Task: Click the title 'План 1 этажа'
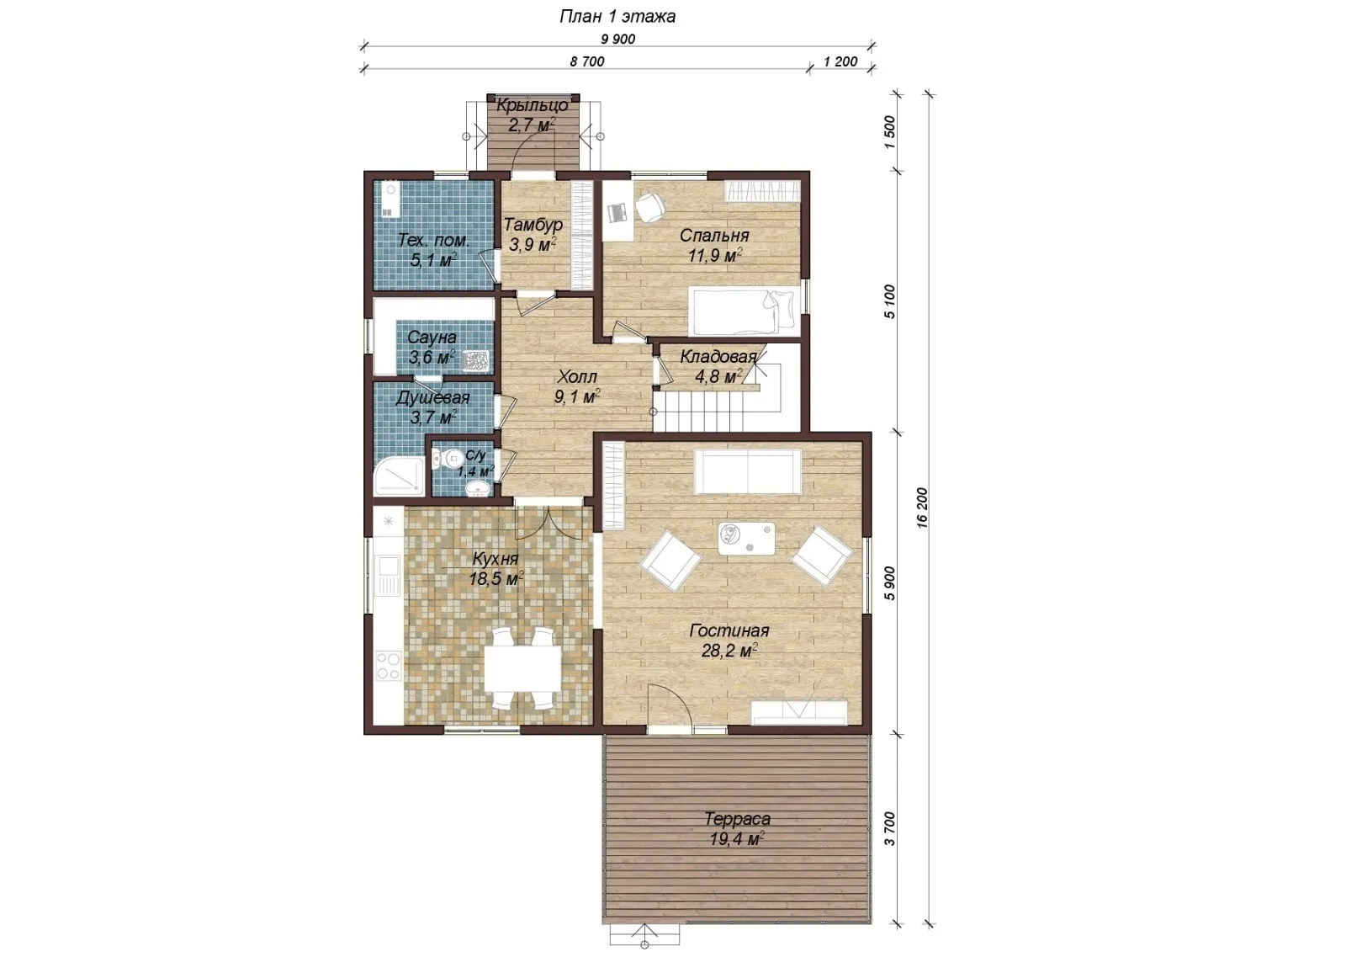(x=617, y=16)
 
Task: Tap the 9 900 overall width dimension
(x=617, y=39)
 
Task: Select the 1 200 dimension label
(x=840, y=61)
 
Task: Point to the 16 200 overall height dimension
(x=922, y=508)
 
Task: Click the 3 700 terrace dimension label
(x=889, y=828)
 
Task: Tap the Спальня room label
(x=714, y=235)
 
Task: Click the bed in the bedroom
(x=745, y=311)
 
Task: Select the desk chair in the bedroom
(x=649, y=206)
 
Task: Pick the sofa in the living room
(x=748, y=472)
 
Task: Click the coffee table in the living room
(x=746, y=538)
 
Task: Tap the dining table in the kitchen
(x=522, y=668)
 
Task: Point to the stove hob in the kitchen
(x=388, y=666)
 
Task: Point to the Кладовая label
(x=718, y=357)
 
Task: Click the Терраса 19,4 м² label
(x=737, y=829)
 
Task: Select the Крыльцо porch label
(x=533, y=106)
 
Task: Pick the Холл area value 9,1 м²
(x=577, y=396)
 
